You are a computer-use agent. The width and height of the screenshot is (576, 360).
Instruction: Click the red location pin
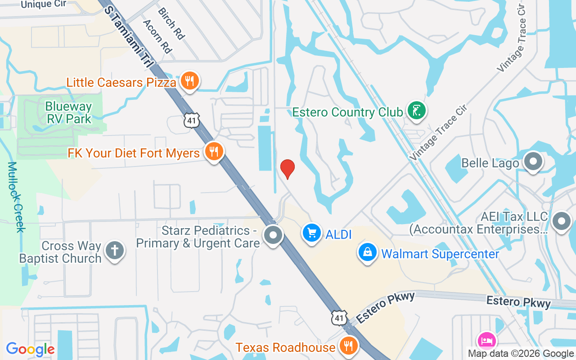pos(287,169)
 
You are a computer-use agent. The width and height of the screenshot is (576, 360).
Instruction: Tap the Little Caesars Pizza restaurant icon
pos(190,81)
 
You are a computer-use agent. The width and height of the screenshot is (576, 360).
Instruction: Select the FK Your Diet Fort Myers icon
pos(214,152)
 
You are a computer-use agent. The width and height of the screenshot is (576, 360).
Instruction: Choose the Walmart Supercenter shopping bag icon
pos(368,252)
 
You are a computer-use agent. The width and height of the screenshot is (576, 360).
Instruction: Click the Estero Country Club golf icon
pos(417,110)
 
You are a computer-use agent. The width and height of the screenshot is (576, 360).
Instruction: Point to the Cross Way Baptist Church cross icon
pos(115,250)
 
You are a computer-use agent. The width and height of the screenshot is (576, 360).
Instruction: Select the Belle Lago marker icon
pos(534,162)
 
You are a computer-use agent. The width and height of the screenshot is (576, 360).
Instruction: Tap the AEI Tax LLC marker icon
pos(562,222)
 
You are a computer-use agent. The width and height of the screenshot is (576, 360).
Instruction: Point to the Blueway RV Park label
pos(68,113)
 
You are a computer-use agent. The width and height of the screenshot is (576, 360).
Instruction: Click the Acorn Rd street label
pos(157,36)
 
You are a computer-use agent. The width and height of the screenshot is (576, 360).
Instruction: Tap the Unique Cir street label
pos(43,4)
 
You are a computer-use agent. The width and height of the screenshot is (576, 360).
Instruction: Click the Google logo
pos(30,349)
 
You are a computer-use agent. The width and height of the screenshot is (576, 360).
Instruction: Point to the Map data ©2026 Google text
pos(521,354)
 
